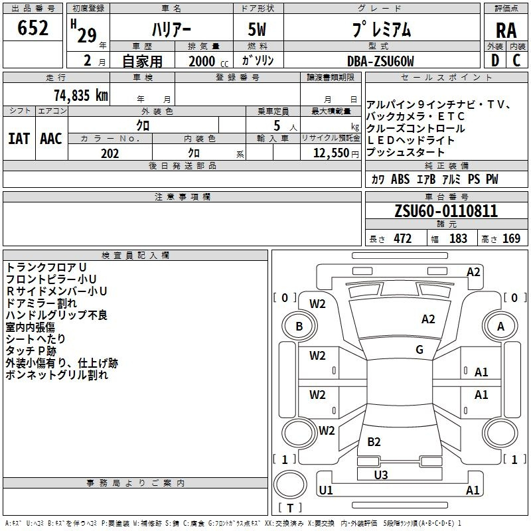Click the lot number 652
click(33, 28)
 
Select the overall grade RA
click(506, 31)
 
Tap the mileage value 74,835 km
click(81, 95)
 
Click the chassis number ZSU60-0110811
click(446, 211)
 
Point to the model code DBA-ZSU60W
click(380, 61)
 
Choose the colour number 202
click(110, 153)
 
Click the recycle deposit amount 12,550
click(331, 153)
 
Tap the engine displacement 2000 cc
click(208, 61)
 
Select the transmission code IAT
click(19, 139)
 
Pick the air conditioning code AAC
click(51, 139)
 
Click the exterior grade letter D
click(495, 60)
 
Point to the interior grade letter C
click(516, 60)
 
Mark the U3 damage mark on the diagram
click(381, 475)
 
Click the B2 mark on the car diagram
click(374, 441)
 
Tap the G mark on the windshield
click(419, 350)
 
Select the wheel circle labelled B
click(299, 326)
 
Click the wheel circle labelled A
click(500, 326)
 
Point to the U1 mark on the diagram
click(326, 490)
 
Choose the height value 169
click(511, 238)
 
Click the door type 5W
click(258, 29)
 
